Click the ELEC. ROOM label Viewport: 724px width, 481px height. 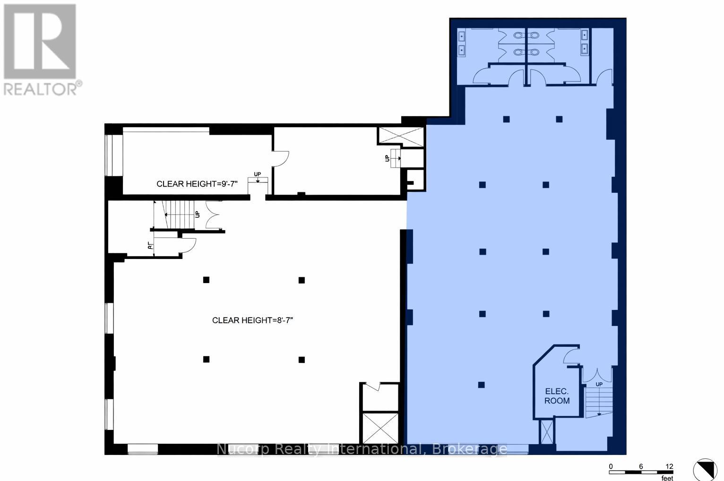557,396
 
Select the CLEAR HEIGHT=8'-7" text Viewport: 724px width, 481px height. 253,320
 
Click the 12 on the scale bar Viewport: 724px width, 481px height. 669,466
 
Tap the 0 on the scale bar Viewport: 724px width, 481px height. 611,466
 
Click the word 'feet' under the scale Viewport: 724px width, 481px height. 667,478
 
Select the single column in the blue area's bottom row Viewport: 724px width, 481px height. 481,385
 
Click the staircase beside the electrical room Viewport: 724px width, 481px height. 598,402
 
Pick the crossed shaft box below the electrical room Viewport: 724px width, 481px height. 546,431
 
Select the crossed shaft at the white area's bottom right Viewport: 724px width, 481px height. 379,427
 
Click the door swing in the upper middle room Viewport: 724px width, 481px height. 281,158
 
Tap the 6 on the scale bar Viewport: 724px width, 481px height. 641,466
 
